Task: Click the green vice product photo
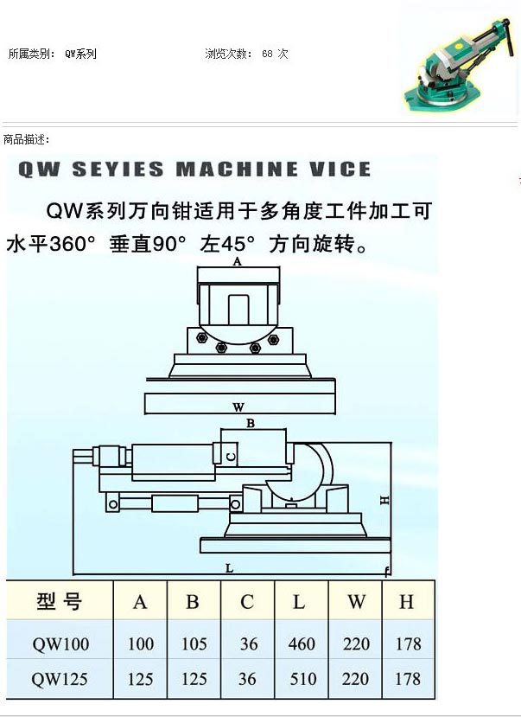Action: (x=458, y=65)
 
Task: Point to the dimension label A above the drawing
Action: (x=238, y=260)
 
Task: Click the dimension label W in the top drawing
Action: (x=238, y=406)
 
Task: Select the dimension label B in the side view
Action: (x=251, y=424)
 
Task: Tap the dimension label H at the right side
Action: (x=385, y=500)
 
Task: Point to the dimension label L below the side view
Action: (x=228, y=567)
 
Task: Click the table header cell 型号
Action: (x=60, y=601)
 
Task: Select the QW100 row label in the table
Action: (x=60, y=643)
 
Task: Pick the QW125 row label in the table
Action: (x=60, y=679)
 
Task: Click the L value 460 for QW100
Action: (x=302, y=643)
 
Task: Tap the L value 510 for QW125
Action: (x=302, y=679)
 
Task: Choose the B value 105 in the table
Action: (x=193, y=643)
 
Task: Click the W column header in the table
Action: (x=356, y=602)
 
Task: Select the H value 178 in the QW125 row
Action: (x=407, y=679)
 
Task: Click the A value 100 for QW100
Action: (x=140, y=643)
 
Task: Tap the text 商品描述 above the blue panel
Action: (x=26, y=139)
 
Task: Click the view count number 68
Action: (x=267, y=54)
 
